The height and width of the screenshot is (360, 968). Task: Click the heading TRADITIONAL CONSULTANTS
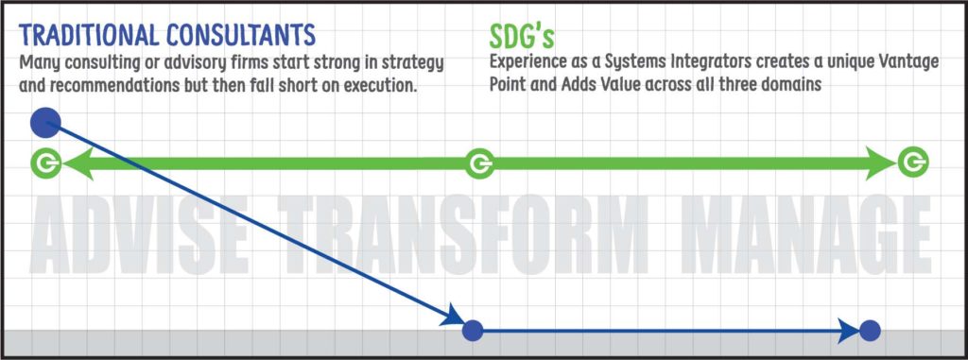[167, 34]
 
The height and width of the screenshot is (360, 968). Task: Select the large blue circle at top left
[45, 122]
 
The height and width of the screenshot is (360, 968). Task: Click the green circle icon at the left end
[44, 163]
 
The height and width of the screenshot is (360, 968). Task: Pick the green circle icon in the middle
[479, 164]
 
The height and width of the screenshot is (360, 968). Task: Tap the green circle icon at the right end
[912, 163]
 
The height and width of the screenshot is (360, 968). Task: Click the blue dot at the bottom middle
[473, 331]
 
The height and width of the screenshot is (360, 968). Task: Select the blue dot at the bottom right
[871, 331]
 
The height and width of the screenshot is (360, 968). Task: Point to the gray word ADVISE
[141, 232]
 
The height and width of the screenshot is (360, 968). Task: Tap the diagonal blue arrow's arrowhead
[453, 316]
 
